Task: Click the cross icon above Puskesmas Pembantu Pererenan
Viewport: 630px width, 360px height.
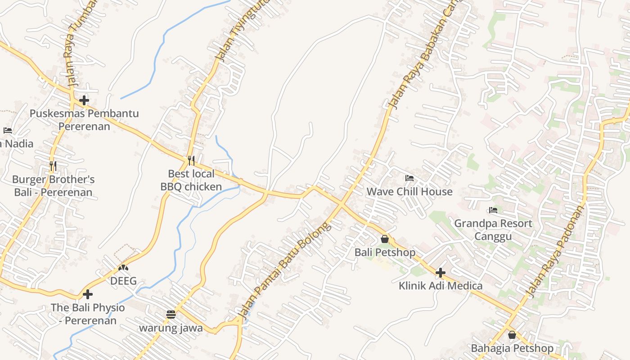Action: click(84, 100)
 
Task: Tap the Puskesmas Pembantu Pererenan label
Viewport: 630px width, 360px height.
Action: click(84, 120)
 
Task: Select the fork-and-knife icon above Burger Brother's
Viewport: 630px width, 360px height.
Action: click(53, 166)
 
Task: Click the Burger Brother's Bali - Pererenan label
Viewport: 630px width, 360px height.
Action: click(53, 186)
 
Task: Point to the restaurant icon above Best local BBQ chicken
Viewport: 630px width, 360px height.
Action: click(191, 160)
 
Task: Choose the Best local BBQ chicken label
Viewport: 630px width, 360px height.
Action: click(191, 180)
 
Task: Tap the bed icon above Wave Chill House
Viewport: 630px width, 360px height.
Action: click(409, 179)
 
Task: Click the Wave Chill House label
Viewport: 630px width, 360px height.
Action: click(409, 192)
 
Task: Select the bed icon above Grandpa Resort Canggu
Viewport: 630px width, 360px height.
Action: click(493, 210)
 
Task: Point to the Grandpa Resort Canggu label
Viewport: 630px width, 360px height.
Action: click(493, 229)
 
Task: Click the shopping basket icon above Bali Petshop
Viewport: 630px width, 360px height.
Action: click(385, 239)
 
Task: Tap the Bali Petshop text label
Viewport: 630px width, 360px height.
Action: click(385, 252)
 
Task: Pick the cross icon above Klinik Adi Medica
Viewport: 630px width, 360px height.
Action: click(441, 272)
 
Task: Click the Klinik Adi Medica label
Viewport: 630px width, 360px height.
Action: click(441, 286)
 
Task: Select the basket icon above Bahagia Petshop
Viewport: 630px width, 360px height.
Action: click(512, 335)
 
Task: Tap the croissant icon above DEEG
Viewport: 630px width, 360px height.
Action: click(123, 268)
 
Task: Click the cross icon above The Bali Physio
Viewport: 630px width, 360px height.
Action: click(88, 294)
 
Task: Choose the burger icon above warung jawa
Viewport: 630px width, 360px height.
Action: click(171, 314)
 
